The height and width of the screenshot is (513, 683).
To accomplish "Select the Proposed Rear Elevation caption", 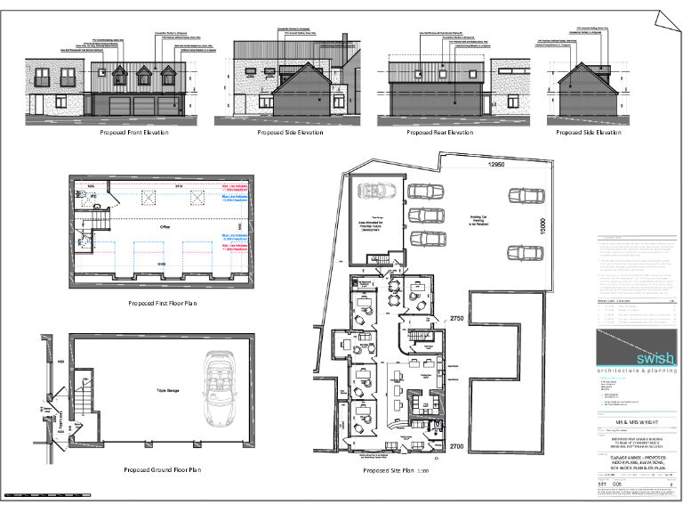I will pyautogui.click(x=439, y=133).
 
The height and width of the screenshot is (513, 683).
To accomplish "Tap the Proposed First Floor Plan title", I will pyautogui.click(x=161, y=303).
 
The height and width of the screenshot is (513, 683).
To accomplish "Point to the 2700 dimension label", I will pyautogui.click(x=457, y=444).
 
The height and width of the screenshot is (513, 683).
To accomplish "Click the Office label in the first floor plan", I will pyautogui.click(x=165, y=228).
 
